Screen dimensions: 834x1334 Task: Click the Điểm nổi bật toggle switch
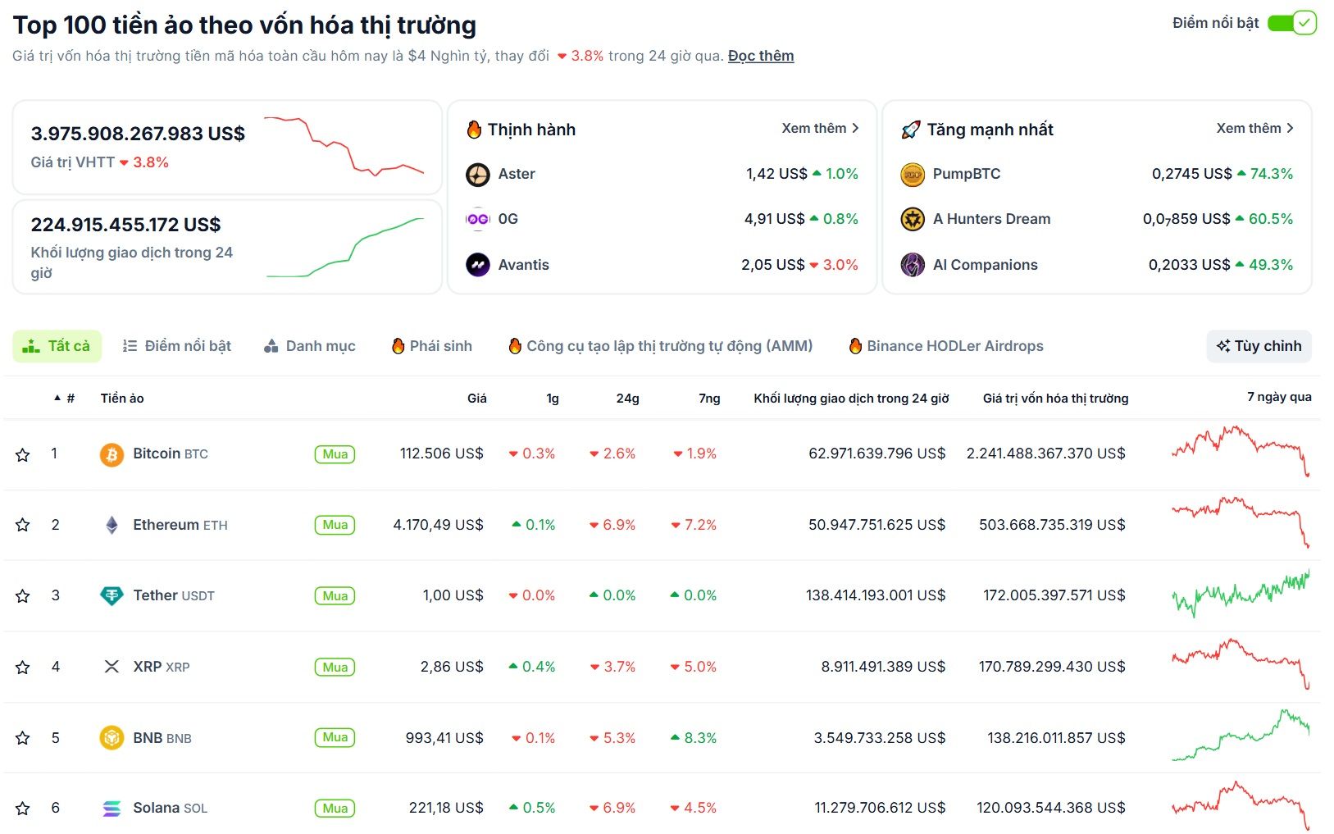1291,23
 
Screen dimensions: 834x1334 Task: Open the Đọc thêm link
760,56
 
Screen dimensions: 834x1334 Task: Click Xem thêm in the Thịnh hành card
819,129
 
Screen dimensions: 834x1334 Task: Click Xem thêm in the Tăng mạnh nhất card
1254,129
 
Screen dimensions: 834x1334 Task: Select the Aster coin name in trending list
517,174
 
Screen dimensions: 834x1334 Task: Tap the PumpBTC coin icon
913,175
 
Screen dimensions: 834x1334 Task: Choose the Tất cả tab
57,346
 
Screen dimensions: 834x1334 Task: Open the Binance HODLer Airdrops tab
946,346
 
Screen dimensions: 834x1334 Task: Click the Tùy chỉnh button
1259,346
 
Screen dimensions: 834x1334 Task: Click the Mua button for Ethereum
335,525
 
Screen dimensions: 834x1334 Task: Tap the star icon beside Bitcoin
23,454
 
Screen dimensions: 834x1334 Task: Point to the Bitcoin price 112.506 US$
441,453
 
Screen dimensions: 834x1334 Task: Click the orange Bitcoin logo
112,454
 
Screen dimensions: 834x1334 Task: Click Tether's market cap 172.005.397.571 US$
1054,595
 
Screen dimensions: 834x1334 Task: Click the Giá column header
476,399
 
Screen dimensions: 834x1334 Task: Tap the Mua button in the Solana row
335,809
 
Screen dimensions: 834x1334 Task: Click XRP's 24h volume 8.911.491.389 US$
882,667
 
